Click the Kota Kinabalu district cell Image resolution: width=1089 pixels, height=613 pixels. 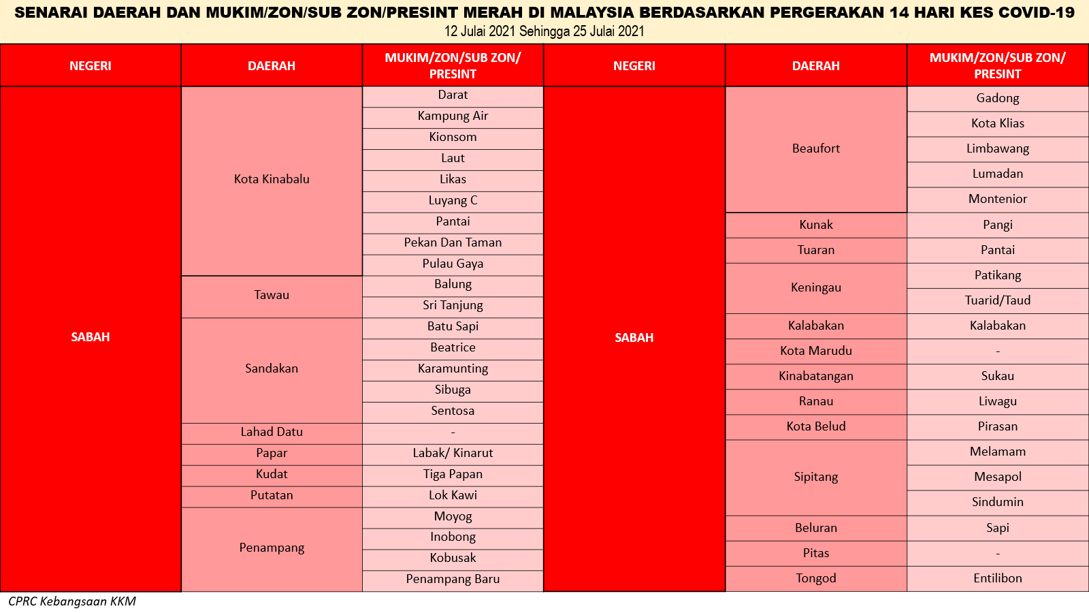click(x=272, y=181)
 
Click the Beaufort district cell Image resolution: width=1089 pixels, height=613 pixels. click(x=816, y=149)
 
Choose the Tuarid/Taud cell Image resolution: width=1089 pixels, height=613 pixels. click(x=998, y=301)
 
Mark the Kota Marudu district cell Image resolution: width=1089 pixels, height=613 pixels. click(x=816, y=351)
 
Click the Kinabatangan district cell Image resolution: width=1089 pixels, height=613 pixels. click(x=816, y=377)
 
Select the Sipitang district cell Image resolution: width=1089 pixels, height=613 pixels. click(x=816, y=477)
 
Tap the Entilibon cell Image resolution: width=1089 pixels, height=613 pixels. click(x=998, y=579)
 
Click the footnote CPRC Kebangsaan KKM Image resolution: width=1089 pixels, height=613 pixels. click(x=72, y=602)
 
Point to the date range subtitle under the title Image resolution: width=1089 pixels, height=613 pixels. click(x=544, y=31)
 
